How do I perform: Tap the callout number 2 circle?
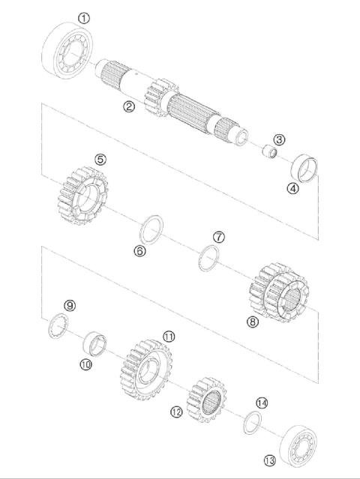129,106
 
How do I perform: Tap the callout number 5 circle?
100,159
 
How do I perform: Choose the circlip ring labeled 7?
208,259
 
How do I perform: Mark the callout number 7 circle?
218,236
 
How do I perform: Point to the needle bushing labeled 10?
96,343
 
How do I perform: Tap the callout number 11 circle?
169,337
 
